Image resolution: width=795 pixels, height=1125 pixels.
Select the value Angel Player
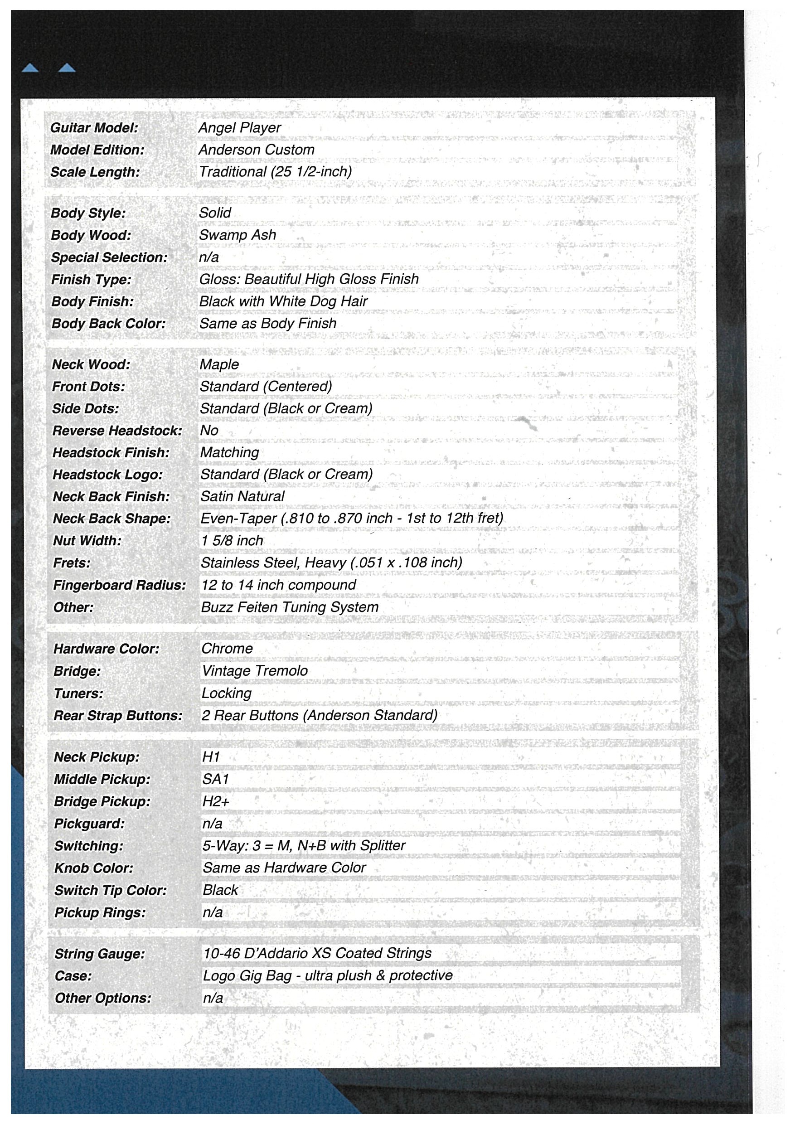239,128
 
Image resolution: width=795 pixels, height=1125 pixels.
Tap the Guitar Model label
94,128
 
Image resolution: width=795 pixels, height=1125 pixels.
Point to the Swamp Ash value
237,235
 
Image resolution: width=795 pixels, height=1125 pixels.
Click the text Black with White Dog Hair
283,301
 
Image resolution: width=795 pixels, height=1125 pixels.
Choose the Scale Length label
95,172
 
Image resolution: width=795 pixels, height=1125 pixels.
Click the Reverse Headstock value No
208,430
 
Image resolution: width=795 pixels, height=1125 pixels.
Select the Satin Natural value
242,496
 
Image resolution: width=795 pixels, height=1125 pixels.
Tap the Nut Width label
87,540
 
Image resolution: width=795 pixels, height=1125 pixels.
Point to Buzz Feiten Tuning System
290,607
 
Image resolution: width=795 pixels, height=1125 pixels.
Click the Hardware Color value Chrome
227,649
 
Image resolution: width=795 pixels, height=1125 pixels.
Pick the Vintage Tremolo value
255,671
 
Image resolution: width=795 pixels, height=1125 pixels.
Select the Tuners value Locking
226,693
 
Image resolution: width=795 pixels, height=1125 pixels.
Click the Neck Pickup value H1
211,757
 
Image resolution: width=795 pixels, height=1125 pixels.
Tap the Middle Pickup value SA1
216,779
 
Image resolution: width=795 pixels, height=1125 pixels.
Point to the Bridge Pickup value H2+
216,802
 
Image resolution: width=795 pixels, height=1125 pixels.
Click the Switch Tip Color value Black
220,890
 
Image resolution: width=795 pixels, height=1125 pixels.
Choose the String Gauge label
99,954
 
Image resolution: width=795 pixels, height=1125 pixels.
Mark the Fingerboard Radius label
120,585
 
